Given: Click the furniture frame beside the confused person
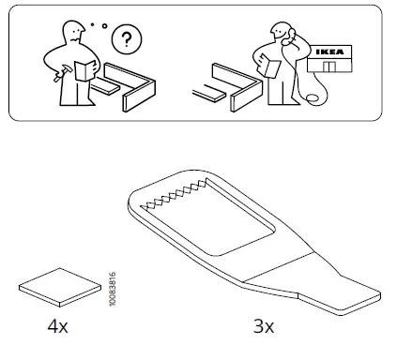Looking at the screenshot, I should click(x=136, y=84).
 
